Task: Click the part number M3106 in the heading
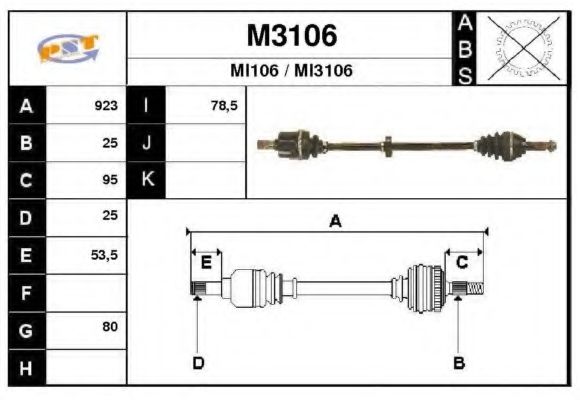[x=292, y=36]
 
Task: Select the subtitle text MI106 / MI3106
[x=292, y=72]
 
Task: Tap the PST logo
[x=68, y=47]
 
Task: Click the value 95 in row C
[x=110, y=181]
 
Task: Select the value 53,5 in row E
[x=105, y=255]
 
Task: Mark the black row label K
[x=146, y=181]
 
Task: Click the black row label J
[x=146, y=143]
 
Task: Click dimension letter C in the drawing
[x=462, y=262]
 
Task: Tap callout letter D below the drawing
[x=198, y=362]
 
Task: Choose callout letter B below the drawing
[x=459, y=362]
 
